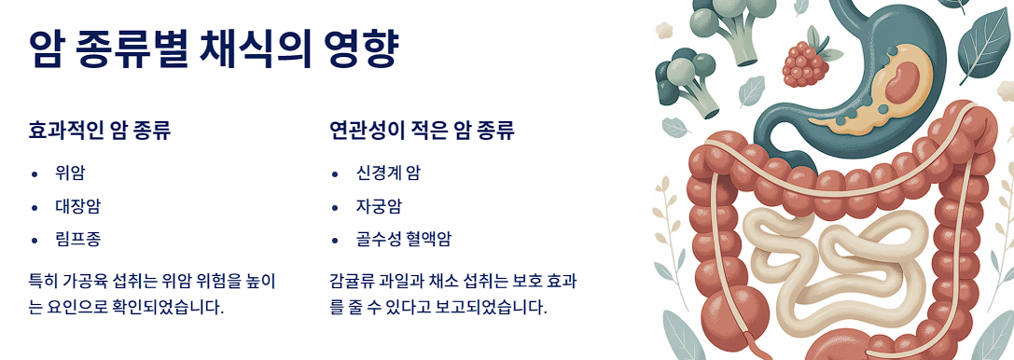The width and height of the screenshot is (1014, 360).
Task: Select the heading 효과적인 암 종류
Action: [x=100, y=130]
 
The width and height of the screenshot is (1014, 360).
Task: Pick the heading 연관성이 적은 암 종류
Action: [x=422, y=130]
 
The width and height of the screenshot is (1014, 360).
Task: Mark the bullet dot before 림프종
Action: [x=35, y=240]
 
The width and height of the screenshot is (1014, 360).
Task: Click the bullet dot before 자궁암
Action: [x=335, y=207]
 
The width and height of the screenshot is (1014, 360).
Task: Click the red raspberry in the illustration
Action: [x=803, y=60]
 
